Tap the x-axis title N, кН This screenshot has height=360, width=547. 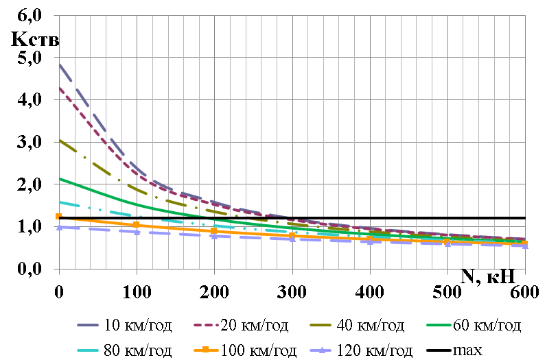pyautogui.click(x=488, y=258)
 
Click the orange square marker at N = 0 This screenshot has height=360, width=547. pyautogui.click(x=59, y=217)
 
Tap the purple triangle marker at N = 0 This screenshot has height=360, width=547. pyautogui.click(x=59, y=226)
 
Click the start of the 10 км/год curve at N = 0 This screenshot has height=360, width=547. pyautogui.click(x=60, y=65)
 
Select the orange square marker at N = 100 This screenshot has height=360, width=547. pyautogui.click(x=137, y=225)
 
